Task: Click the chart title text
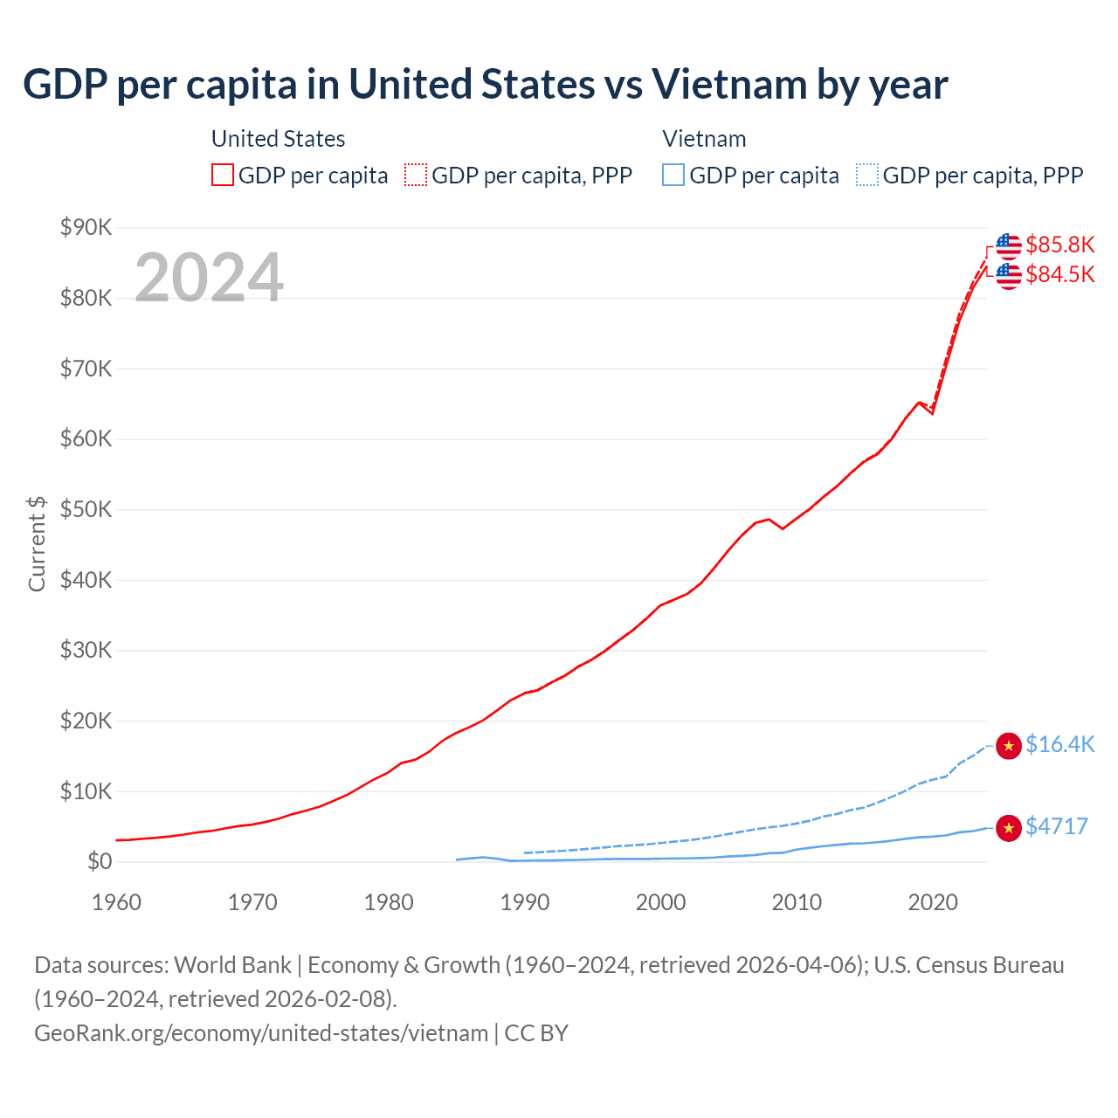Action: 485,85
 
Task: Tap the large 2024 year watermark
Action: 209,278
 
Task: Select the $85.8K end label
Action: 1059,245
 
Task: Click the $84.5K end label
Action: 1059,275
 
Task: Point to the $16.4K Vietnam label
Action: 1059,744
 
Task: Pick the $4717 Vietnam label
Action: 1056,826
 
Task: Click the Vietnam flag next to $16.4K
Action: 1009,745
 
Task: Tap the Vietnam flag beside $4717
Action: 1009,827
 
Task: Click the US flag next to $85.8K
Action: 1009,245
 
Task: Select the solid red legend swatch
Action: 223,176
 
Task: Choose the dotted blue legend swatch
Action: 867,176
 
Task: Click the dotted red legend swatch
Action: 416,176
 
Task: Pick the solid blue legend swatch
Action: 673,176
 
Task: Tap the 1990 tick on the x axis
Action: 525,902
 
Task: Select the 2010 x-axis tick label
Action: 797,902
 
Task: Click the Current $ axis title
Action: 37,543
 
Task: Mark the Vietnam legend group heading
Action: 704,139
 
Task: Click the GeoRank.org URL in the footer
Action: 261,1033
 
